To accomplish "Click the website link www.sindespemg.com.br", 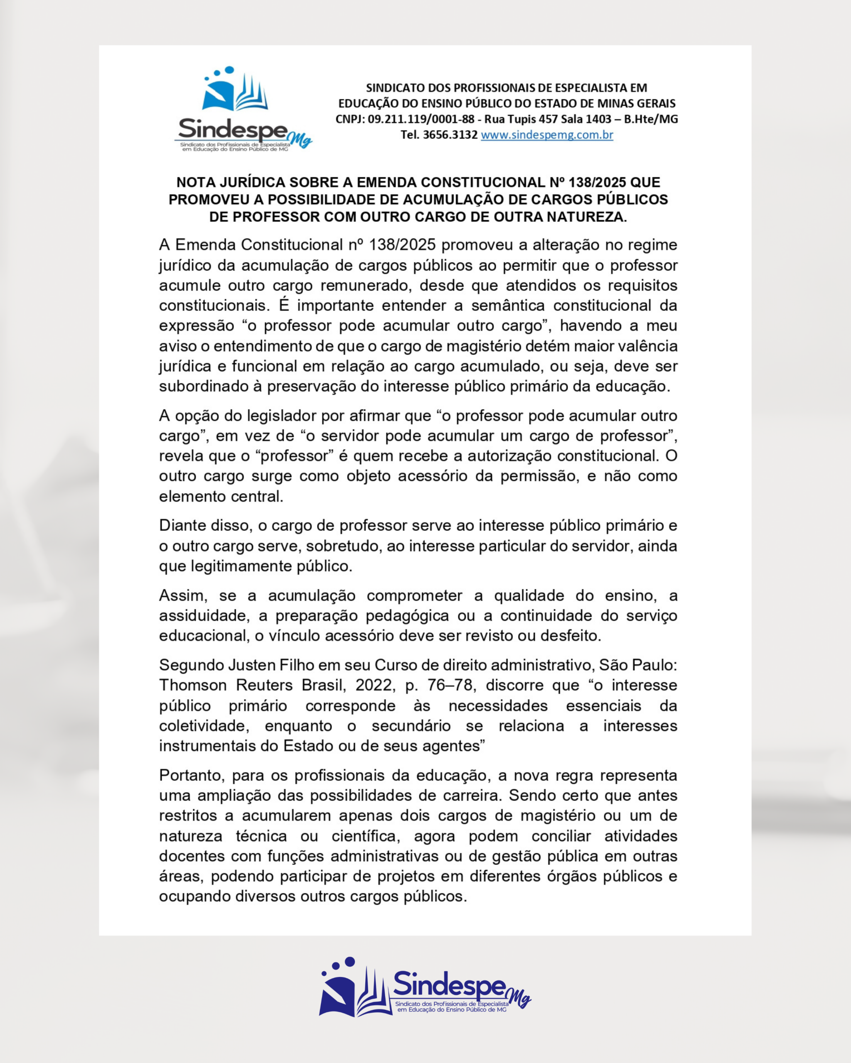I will (x=546, y=135).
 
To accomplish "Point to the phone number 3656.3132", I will (x=450, y=135).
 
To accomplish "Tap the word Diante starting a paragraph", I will (x=182, y=526).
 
